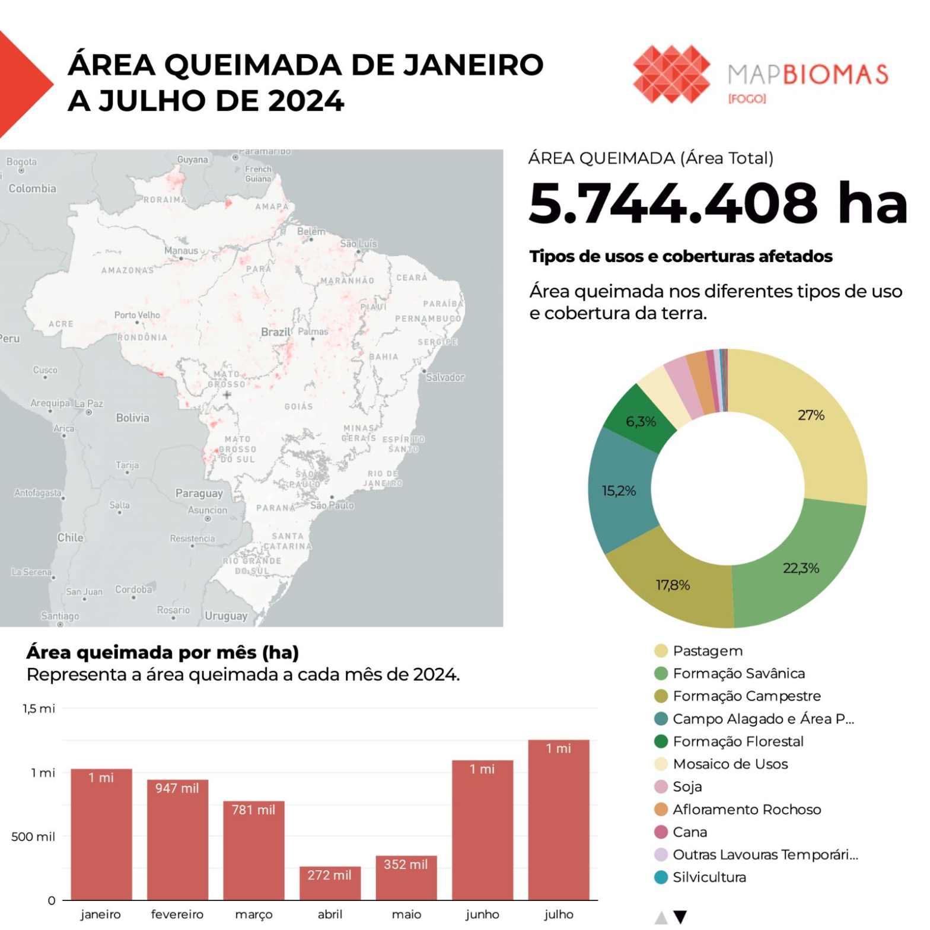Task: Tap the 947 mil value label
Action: click(177, 788)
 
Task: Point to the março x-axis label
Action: click(253, 915)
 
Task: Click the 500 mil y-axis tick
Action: click(33, 837)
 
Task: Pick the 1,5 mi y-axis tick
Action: click(39, 709)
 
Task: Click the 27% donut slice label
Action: click(811, 415)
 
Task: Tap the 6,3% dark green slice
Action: click(641, 422)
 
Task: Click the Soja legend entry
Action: click(687, 786)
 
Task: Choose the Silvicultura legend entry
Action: click(709, 877)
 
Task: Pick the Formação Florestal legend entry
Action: click(737, 741)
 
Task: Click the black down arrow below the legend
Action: click(680, 917)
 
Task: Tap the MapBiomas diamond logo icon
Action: click(671, 74)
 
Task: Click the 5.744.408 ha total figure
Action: click(718, 203)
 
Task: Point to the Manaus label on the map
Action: click(181, 251)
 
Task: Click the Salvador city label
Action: click(445, 377)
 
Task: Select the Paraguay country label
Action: click(199, 493)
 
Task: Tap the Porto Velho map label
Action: click(137, 315)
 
